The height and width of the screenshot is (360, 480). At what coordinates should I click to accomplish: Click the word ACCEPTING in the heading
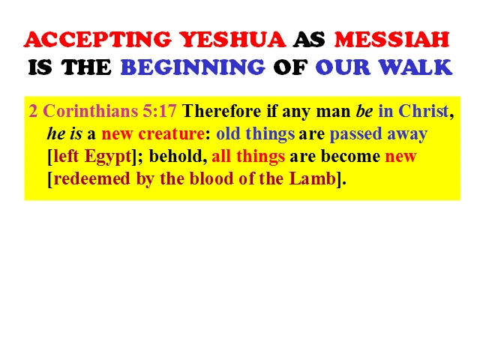tap(97, 40)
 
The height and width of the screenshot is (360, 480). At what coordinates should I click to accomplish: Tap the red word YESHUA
tap(232, 40)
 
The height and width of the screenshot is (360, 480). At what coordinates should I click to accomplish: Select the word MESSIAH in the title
tap(391, 40)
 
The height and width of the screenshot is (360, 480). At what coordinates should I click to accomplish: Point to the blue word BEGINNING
tap(193, 67)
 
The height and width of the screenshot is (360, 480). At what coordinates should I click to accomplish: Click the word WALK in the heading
tap(415, 67)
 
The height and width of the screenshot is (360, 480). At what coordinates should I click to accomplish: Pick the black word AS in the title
tap(309, 40)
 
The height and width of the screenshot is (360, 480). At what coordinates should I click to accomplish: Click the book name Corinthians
tap(91, 111)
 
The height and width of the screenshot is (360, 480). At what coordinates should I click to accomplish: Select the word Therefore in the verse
tap(222, 111)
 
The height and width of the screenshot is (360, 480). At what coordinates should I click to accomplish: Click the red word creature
tap(172, 133)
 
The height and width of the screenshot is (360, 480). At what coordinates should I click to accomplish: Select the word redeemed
tap(91, 178)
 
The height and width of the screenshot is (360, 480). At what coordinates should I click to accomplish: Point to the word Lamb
tap(313, 178)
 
